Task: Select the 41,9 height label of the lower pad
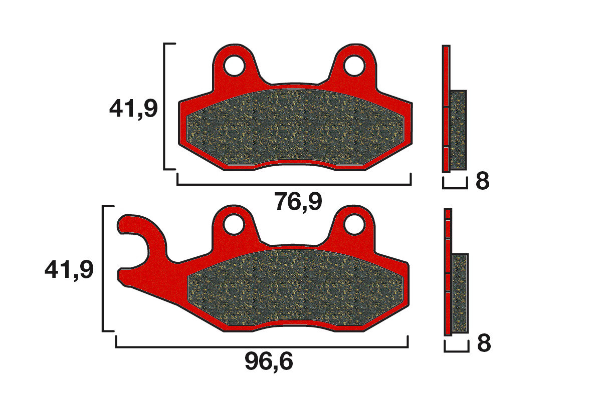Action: (x=69, y=270)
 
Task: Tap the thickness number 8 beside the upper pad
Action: (x=482, y=182)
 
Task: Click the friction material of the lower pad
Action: (x=298, y=288)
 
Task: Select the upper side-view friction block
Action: (x=458, y=130)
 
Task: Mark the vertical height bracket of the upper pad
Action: (x=165, y=106)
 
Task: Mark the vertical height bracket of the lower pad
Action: (x=103, y=268)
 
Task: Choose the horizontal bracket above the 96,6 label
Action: (x=262, y=346)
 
